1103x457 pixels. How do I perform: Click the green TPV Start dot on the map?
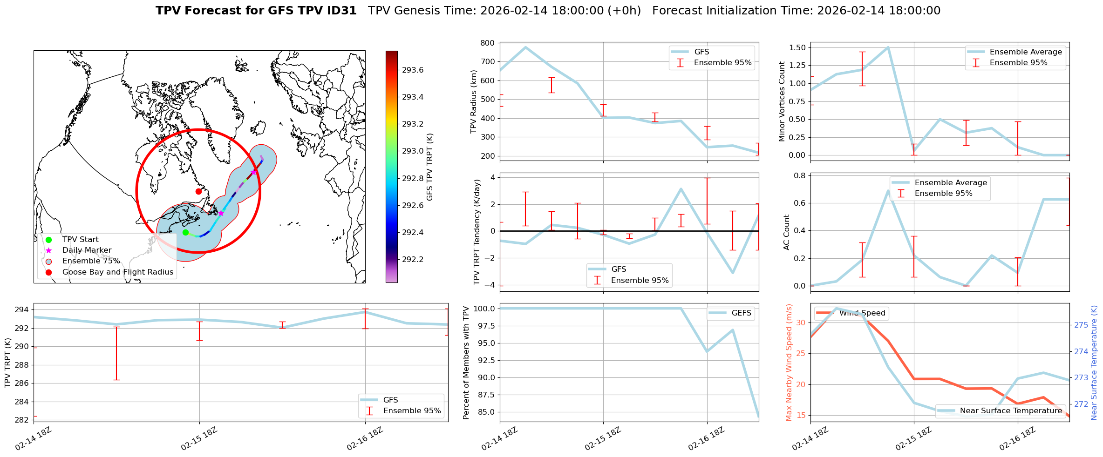click(185, 232)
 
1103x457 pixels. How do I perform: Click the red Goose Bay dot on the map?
click(198, 191)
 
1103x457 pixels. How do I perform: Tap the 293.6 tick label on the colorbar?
click(413, 70)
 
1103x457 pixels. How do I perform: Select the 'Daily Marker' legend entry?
click(87, 250)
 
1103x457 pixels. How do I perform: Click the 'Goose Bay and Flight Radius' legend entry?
click(117, 272)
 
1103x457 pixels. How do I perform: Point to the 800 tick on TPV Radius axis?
click(488, 43)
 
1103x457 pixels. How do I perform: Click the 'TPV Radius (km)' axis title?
click(474, 101)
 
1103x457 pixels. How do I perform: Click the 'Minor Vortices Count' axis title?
click(782, 101)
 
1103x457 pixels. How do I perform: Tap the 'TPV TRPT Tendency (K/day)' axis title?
click(477, 232)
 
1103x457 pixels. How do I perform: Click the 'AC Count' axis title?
click(787, 232)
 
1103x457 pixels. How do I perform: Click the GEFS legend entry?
click(741, 313)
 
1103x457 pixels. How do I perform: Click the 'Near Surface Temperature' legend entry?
click(1011, 411)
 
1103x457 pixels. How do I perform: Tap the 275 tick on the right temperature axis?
click(1081, 325)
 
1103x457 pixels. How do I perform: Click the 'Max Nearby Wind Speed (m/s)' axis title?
click(789, 363)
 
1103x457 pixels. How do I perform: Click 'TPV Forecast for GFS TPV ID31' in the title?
click(256, 11)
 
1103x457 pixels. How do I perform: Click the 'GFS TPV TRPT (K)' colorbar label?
click(429, 167)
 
